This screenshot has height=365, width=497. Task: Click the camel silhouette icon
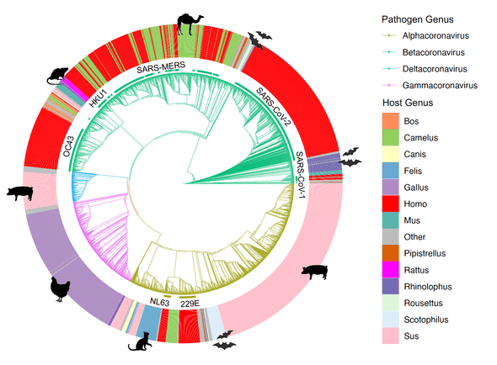point(186,25)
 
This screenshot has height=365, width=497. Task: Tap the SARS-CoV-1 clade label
point(301,168)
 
